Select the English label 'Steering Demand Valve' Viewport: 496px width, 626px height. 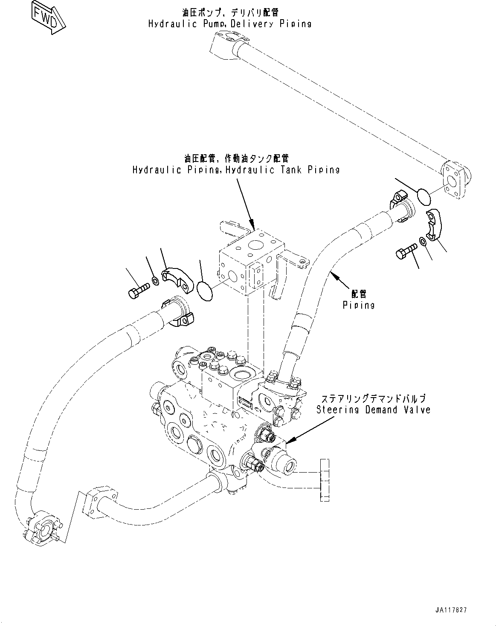click(x=373, y=410)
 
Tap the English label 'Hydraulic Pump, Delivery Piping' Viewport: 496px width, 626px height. click(x=230, y=23)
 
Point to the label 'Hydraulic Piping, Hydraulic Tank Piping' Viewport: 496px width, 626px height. click(x=236, y=170)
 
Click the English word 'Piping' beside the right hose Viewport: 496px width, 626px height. click(x=359, y=305)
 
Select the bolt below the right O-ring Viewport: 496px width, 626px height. click(x=405, y=251)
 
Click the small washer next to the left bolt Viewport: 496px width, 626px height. click(x=156, y=281)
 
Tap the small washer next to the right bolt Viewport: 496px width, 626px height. click(x=423, y=242)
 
